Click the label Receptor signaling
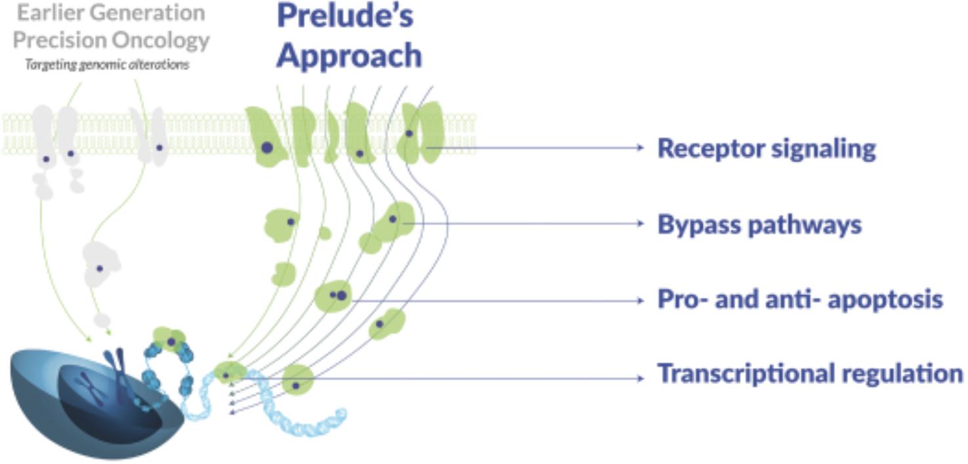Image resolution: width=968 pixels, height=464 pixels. (767, 149)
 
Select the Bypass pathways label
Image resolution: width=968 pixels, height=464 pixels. (759, 225)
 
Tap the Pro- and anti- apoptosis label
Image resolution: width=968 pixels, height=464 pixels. (800, 301)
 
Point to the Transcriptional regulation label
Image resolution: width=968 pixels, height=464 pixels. (810, 374)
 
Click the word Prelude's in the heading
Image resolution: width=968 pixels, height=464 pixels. (345, 16)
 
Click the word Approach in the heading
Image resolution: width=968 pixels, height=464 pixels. (348, 55)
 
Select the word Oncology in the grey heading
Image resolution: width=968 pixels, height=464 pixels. (160, 41)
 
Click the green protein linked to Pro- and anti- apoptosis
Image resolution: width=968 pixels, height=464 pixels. (334, 296)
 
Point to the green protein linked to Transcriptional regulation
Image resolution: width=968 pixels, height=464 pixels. (298, 379)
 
